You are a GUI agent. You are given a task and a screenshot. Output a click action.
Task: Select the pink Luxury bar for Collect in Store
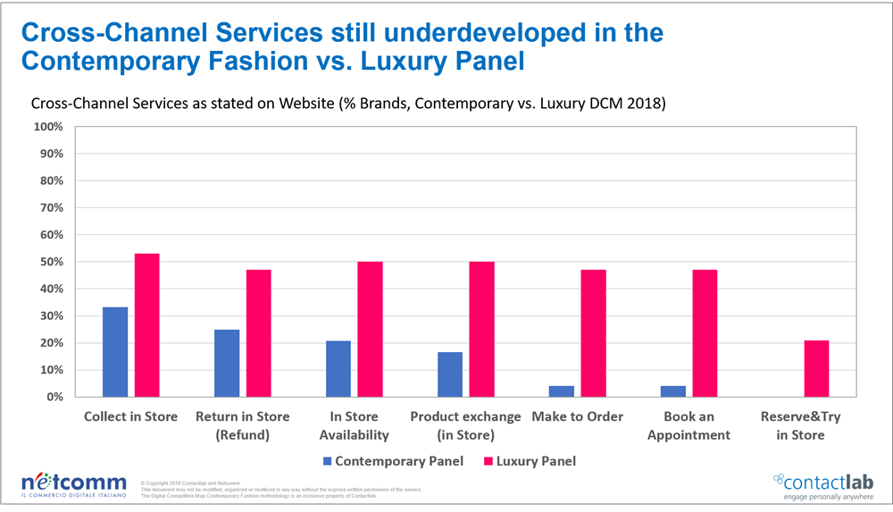pos(147,325)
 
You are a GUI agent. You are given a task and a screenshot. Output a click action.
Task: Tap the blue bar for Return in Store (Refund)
pos(227,363)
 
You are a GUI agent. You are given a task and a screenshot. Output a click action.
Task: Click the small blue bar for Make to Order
pos(562,391)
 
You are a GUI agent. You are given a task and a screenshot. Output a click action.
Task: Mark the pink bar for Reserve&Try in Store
pos(816,368)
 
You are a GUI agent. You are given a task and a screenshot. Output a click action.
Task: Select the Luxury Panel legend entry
pos(527,461)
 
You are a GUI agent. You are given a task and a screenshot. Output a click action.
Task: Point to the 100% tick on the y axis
pos(47,127)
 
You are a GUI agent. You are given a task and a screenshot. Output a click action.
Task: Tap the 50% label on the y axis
pos(49,262)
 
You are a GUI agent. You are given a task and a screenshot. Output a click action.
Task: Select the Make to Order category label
pos(577,417)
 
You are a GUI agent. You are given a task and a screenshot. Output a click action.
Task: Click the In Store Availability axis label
pos(354,426)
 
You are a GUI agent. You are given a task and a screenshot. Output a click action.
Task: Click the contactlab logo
pos(821,483)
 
